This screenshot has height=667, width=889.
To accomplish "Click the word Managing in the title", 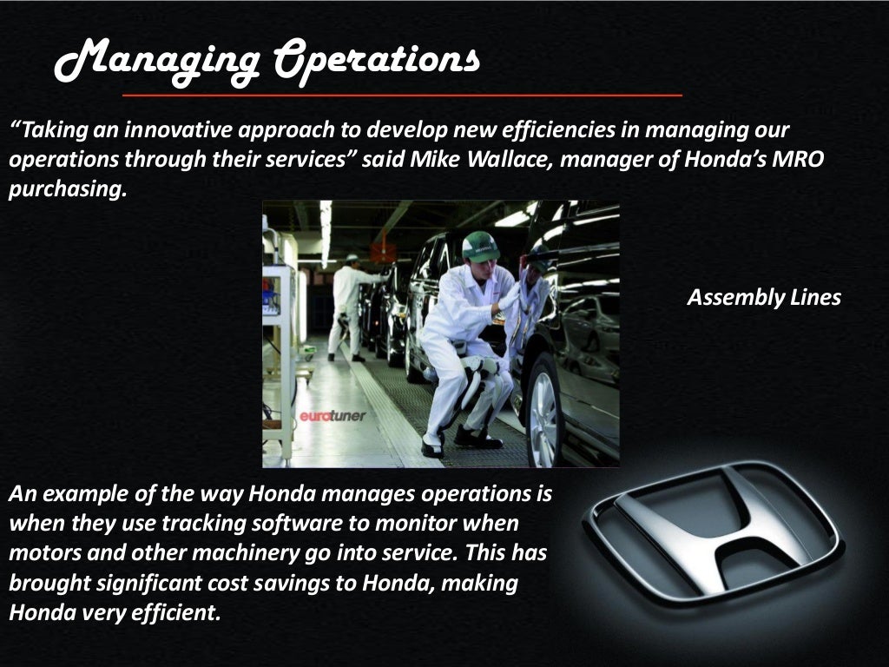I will (156, 61).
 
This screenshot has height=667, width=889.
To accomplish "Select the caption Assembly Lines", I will (764, 298).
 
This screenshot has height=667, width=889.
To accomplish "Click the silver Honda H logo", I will (712, 532).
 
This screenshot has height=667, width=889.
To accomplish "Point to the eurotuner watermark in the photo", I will (333, 416).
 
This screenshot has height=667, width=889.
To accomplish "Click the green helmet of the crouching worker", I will (480, 247).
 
